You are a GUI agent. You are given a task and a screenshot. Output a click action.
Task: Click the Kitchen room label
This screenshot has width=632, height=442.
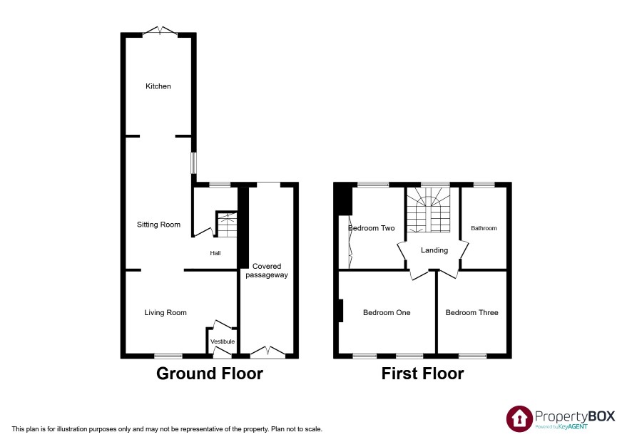point(158,86)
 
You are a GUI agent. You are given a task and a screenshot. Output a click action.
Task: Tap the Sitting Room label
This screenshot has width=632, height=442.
point(158,225)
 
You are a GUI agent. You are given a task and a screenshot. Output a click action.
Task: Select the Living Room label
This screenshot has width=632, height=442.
point(165,313)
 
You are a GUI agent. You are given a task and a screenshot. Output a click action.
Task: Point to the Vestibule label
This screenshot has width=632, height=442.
point(223,341)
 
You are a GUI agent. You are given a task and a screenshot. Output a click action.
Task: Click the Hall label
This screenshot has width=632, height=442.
point(215,253)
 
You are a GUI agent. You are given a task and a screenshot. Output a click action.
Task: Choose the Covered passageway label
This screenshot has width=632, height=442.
point(267,271)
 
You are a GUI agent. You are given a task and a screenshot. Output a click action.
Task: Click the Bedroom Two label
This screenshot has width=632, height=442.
point(371,228)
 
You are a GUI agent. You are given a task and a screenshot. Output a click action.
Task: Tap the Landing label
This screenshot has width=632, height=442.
point(434,250)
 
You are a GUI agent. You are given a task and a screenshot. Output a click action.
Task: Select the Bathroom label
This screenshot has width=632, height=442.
point(484,228)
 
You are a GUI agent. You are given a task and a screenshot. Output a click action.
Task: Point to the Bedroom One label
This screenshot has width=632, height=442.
point(387,313)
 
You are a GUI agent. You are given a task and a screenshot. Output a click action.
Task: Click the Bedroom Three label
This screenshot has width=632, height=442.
point(472,313)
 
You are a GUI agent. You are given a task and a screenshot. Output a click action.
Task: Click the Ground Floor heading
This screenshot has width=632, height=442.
point(210,374)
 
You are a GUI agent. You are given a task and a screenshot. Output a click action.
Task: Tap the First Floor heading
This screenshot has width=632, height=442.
point(422,374)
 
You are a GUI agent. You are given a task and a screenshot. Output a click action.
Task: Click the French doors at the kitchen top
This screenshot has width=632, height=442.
point(160,31)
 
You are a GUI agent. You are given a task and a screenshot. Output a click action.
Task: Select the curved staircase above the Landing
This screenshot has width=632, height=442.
point(428,210)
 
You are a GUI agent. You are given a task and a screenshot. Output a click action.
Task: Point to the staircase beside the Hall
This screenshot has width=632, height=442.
point(227,225)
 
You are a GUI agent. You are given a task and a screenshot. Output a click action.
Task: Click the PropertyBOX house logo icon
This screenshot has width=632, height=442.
point(519,418)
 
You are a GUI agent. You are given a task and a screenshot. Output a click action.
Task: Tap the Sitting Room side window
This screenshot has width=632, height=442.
point(194,163)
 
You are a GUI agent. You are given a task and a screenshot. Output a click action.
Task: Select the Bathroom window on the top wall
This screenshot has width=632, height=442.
point(484,185)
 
